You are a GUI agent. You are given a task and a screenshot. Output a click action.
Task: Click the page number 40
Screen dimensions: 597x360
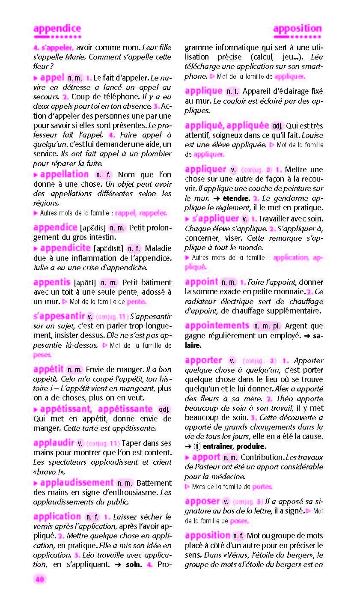(39, 579)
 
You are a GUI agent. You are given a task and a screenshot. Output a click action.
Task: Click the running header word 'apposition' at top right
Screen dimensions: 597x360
(297, 29)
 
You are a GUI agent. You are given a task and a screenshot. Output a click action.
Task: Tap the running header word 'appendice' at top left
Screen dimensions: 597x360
(57, 29)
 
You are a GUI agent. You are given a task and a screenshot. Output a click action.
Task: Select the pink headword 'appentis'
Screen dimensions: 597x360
(51, 282)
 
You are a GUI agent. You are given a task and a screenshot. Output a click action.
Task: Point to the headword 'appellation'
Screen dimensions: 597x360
(64, 174)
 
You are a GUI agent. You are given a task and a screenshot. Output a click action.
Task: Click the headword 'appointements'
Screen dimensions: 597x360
(217, 325)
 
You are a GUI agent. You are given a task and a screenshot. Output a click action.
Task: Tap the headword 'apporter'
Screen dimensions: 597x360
(203, 360)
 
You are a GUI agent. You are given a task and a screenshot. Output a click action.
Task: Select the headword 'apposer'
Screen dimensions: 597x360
(202, 501)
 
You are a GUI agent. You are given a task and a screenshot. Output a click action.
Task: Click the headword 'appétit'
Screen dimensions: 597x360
(48, 369)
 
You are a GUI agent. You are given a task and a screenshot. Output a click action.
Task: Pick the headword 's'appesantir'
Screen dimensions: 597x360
(59, 316)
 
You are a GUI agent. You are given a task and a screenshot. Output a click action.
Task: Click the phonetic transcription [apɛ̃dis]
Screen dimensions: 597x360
(93, 228)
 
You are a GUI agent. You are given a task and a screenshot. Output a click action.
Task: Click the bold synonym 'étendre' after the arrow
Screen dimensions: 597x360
(236, 198)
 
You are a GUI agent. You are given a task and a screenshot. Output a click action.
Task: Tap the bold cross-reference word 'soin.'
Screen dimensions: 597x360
(134, 564)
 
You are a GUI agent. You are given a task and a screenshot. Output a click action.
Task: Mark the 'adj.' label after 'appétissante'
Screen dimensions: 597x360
(164, 409)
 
